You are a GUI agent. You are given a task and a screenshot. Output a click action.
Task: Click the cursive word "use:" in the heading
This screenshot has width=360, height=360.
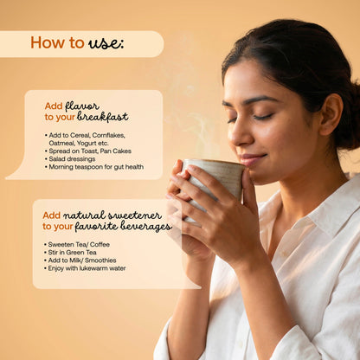[106, 43]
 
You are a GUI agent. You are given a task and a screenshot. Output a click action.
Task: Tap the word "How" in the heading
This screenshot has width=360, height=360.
[48, 42]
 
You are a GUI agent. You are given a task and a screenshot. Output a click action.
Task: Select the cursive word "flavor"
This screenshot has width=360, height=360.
[82, 106]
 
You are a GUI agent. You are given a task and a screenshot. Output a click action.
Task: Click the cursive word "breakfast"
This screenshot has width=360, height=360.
[102, 117]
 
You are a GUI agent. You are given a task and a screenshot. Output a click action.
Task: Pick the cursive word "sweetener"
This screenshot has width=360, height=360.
[134, 215]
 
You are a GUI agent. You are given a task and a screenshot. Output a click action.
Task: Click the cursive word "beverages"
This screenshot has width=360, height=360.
[146, 227]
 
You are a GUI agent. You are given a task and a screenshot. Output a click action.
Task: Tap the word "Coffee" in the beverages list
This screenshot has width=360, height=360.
[100, 245]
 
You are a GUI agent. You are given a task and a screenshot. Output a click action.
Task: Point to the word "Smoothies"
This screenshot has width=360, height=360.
[100, 260]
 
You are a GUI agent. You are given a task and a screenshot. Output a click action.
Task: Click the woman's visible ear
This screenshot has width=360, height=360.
[331, 114]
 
